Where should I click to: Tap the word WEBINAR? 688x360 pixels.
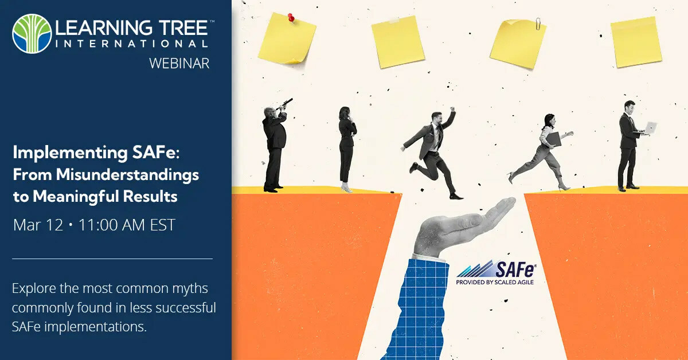pos(179,62)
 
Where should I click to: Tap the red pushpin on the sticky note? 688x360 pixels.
pos(291,19)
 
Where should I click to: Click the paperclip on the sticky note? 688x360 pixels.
pos(538,24)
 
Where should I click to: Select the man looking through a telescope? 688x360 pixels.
pos(274,146)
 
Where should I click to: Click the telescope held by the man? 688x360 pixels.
pos(285,104)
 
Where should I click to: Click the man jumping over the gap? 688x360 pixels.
pos(433,152)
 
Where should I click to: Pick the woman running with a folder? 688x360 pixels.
pos(542,152)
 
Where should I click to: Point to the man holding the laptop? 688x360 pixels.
pos(628,146)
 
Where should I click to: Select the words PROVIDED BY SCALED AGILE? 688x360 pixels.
pos(495,282)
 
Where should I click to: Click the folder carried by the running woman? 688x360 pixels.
pos(553,139)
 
